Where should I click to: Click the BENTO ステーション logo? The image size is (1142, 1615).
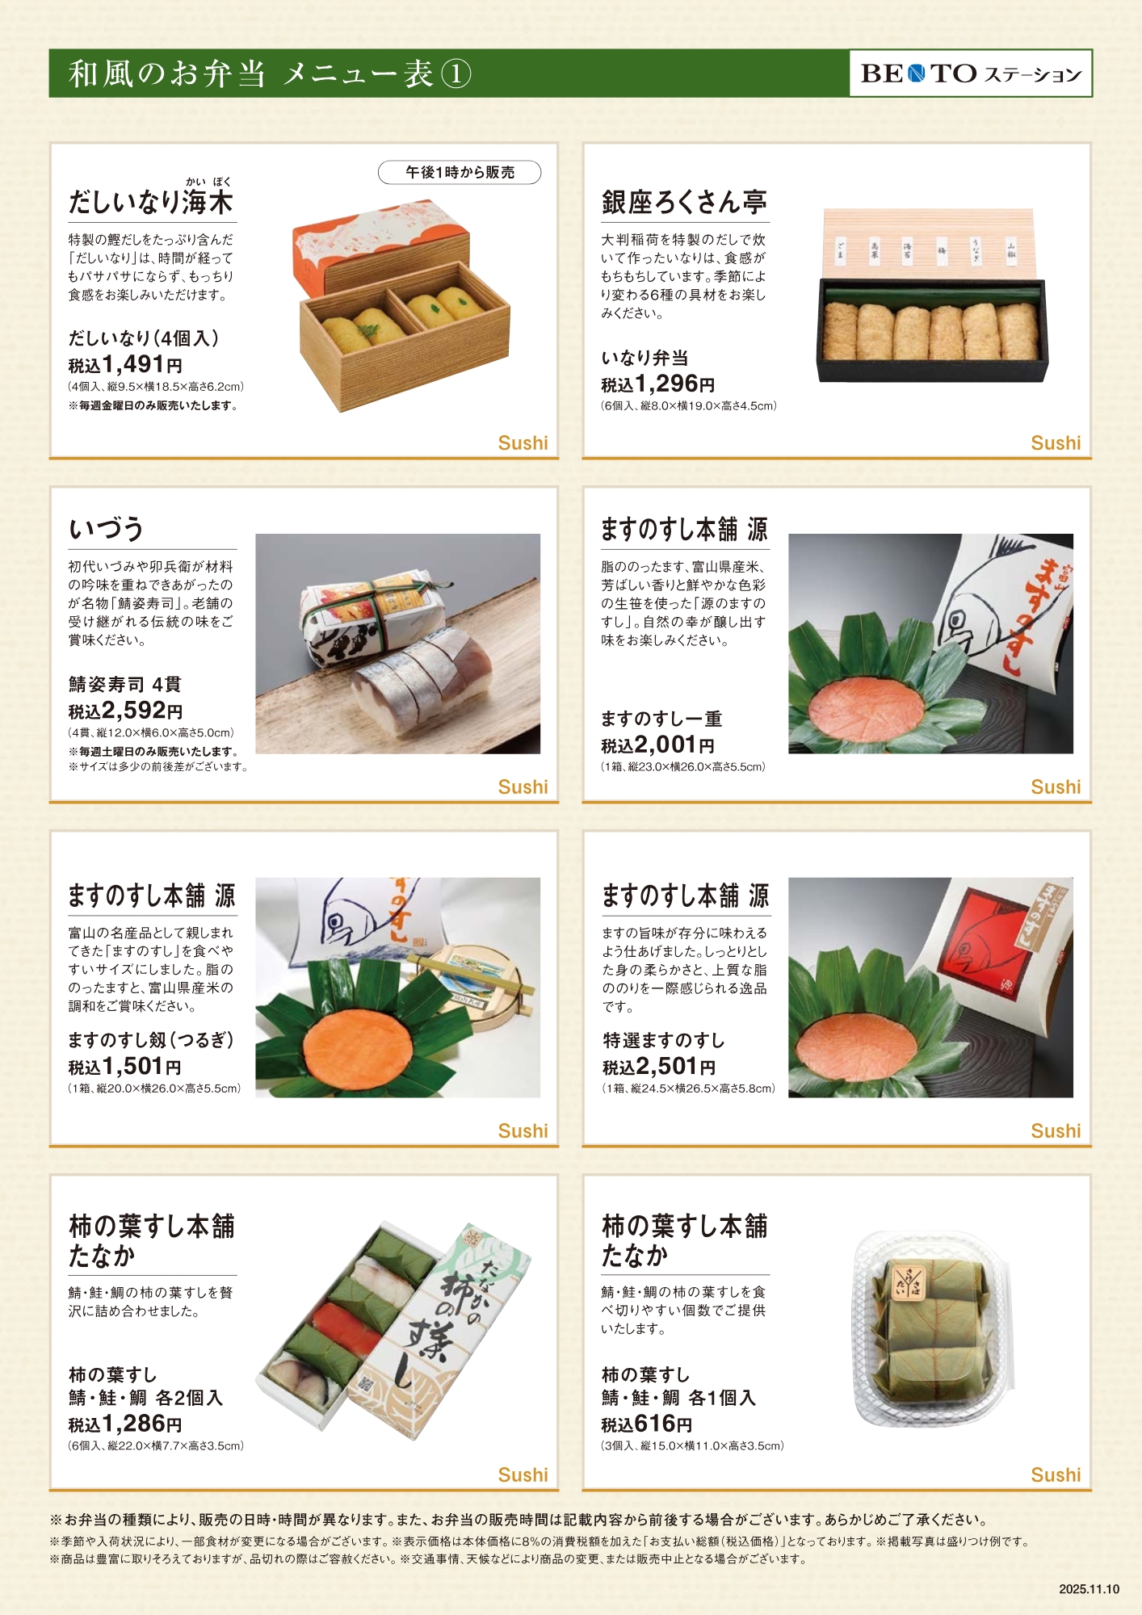pyautogui.click(x=970, y=73)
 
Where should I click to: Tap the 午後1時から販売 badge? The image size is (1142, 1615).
pyautogui.click(x=460, y=172)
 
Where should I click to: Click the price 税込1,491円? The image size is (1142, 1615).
pyautogui.click(x=125, y=364)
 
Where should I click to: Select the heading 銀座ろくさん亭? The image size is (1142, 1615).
pyautogui.click(x=684, y=202)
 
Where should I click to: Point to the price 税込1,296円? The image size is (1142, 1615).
pyautogui.click(x=658, y=384)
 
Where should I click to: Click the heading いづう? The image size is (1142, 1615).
pyautogui.click(x=106, y=530)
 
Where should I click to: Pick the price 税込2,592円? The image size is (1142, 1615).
pyautogui.click(x=125, y=710)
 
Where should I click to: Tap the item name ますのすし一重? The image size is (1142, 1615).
pyautogui.click(x=661, y=719)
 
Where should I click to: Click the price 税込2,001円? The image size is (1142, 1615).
pyautogui.click(x=658, y=745)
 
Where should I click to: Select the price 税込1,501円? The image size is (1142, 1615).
pyautogui.click(x=125, y=1067)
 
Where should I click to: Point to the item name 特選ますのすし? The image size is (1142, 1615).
pyautogui.click(x=664, y=1040)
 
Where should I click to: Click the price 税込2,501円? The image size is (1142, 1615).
pyautogui.click(x=659, y=1067)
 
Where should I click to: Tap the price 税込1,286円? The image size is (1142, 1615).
pyautogui.click(x=125, y=1424)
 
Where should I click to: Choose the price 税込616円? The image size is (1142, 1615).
pyautogui.click(x=647, y=1424)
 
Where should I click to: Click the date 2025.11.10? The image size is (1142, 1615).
pyautogui.click(x=1090, y=1589)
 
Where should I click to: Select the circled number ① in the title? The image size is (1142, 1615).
pyautogui.click(x=456, y=73)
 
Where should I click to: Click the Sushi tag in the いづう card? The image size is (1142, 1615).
pyautogui.click(x=523, y=787)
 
